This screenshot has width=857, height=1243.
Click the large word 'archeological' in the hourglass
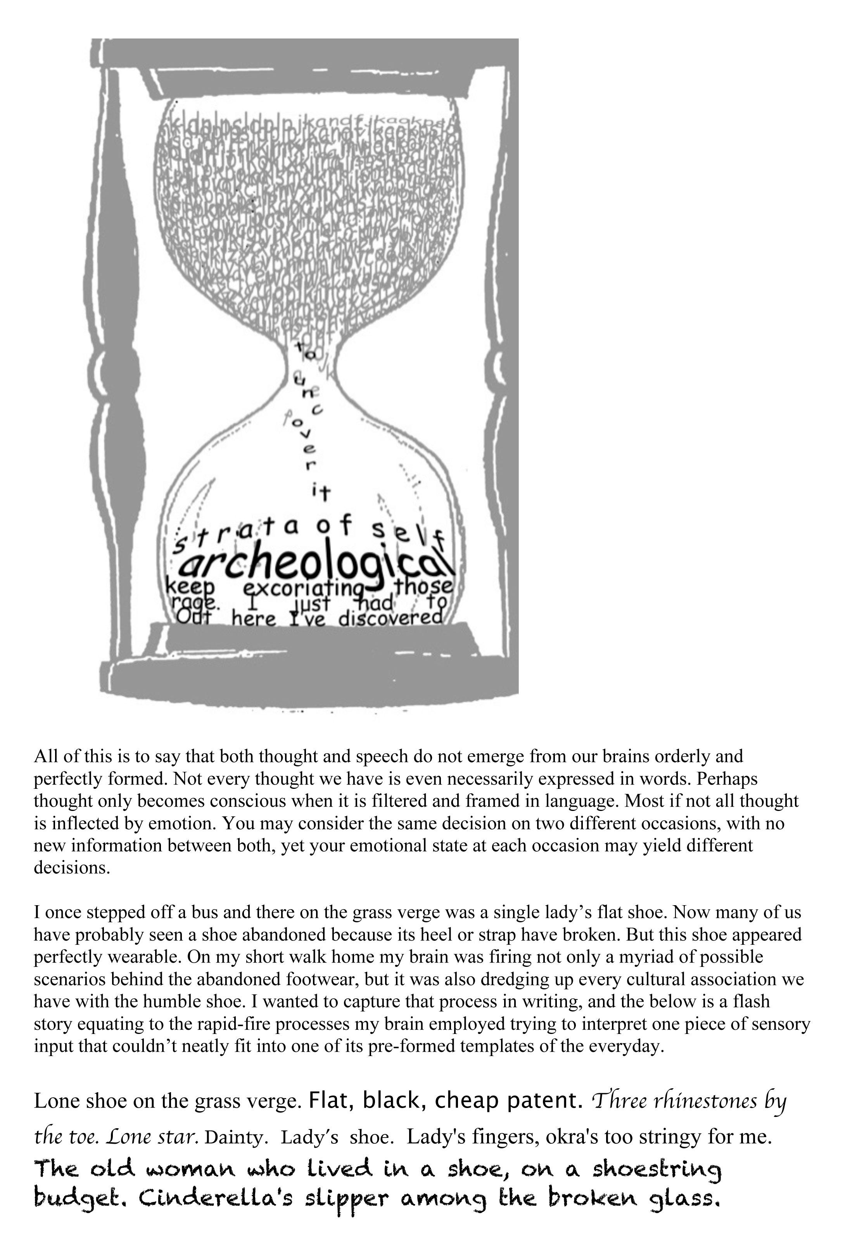coord(317,565)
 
